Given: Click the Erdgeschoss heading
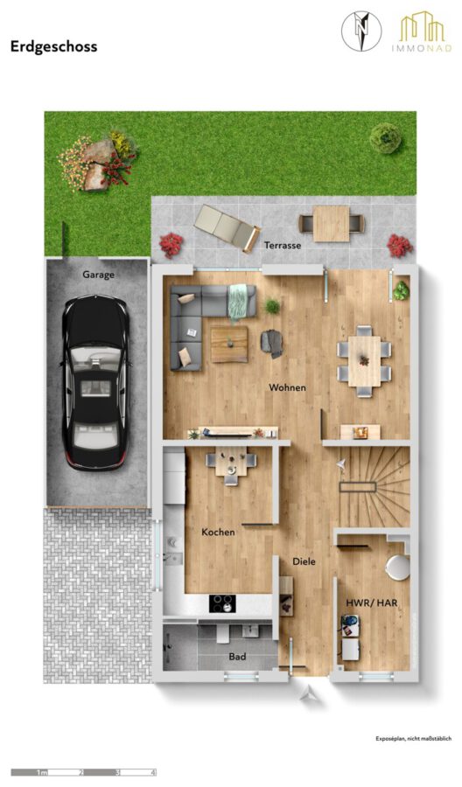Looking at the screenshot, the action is click(53, 46).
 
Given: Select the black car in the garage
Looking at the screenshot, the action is click(94, 382).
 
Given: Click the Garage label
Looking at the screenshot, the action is click(98, 275).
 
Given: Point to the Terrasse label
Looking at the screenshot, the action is click(283, 245).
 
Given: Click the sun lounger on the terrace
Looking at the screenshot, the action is click(227, 228).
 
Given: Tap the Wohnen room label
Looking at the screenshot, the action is click(287, 387).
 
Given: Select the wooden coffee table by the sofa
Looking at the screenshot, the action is click(229, 344).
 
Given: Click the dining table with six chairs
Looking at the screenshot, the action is click(365, 361).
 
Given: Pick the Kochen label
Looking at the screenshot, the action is click(218, 532).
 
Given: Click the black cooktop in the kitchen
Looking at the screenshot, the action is click(222, 603).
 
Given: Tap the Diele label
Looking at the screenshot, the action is click(304, 561).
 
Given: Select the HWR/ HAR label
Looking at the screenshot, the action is click(372, 602).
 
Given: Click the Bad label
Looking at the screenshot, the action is click(237, 657).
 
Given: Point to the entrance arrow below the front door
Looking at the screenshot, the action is click(307, 693).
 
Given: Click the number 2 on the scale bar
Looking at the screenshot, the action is click(80, 772).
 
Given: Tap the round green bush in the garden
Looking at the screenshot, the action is click(386, 137).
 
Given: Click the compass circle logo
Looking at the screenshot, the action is click(361, 31).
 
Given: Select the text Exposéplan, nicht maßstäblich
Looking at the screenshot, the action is click(414, 738).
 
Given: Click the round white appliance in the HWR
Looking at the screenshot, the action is click(398, 568).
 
